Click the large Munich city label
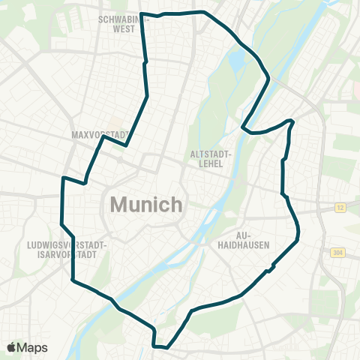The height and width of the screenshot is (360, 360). pyautogui.click(x=147, y=204)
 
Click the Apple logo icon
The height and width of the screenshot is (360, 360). pyautogui.click(x=12, y=347)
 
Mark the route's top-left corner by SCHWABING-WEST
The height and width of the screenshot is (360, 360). pyautogui.click(x=142, y=13)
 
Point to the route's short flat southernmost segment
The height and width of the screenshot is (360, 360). pyautogui.click(x=160, y=346)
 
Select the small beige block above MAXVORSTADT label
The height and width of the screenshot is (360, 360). pyautogui.click(x=115, y=120)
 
